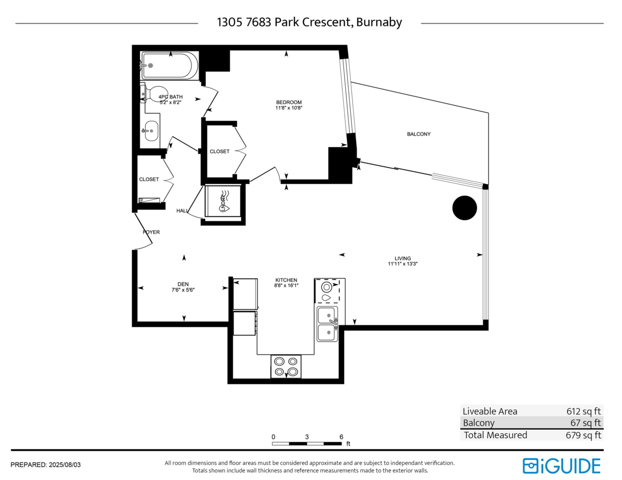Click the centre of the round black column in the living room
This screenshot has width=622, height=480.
pos(464,208)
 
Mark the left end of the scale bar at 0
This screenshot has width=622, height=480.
pos(272,444)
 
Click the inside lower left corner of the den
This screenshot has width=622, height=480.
pos(137,322)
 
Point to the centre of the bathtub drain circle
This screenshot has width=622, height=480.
pos(150,65)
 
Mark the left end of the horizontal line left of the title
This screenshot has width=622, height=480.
pos(16,23)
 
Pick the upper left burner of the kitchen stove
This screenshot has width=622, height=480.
pos(279,361)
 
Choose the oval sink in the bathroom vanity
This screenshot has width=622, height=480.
pos(151,131)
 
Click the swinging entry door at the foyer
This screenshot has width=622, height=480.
pos(143,231)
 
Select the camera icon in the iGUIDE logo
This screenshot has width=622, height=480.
pos(530,466)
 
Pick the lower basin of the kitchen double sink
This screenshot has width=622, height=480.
pos(328,332)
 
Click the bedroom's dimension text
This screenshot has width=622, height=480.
pos(289,108)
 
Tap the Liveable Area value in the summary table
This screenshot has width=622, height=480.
pos(583,411)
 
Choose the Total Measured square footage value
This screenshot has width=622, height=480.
pos(583,435)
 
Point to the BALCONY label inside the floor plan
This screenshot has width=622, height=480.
pos(419,134)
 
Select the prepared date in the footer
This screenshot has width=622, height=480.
pos(65,465)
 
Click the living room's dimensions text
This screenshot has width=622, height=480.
pos(403,264)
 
